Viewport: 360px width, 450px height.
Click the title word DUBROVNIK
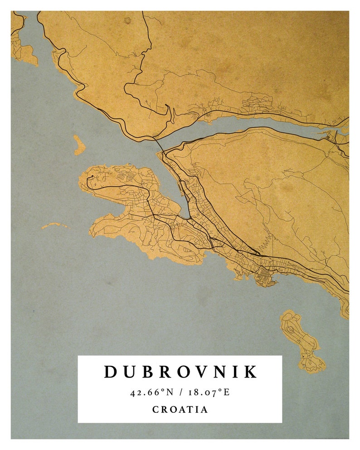pyautogui.click(x=180, y=372)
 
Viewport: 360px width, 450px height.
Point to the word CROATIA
pyautogui.click(x=180, y=410)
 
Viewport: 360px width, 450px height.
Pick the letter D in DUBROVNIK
pyautogui.click(x=111, y=372)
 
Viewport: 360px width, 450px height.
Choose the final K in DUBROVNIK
pyautogui.click(x=251, y=372)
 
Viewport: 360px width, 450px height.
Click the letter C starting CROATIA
pyautogui.click(x=155, y=410)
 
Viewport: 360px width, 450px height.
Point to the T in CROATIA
pyautogui.click(x=191, y=410)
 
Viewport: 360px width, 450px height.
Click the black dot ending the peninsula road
pyautogui.click(x=92, y=176)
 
